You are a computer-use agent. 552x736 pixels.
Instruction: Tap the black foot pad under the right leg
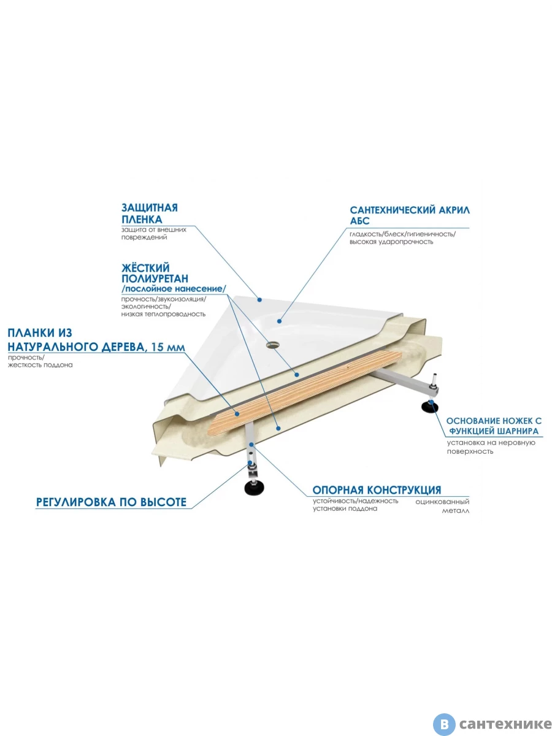coord(430,408)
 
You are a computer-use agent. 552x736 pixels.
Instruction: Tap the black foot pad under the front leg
coord(254,488)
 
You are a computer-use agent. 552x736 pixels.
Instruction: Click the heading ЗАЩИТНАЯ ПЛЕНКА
coord(150,213)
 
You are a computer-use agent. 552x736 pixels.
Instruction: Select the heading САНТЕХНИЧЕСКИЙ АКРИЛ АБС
coord(410,215)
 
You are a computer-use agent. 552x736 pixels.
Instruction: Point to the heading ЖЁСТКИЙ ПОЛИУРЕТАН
coord(155,273)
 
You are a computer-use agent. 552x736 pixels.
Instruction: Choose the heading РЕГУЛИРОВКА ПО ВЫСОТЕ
coord(111,502)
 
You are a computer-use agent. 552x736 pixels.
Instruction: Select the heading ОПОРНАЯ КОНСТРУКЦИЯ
coord(377,490)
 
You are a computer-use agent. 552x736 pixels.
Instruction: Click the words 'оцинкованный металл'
coord(442,507)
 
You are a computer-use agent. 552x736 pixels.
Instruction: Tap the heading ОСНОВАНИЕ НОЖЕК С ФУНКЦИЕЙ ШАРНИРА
coord(494,426)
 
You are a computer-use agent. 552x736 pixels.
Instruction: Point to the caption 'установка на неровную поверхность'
coord(491,447)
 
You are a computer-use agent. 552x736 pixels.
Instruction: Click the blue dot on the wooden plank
coord(237,414)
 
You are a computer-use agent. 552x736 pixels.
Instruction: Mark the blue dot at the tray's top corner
coord(259,300)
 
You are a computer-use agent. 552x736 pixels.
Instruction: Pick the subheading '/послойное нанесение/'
coord(174,289)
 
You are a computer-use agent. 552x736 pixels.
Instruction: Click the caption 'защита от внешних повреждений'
coord(154,234)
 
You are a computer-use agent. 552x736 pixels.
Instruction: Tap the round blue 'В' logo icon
coord(444,724)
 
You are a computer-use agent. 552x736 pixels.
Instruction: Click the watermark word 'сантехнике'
coord(505,724)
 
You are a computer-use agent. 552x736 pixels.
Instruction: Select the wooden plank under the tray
coord(304,392)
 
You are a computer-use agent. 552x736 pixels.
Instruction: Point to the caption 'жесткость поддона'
coord(40,365)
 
